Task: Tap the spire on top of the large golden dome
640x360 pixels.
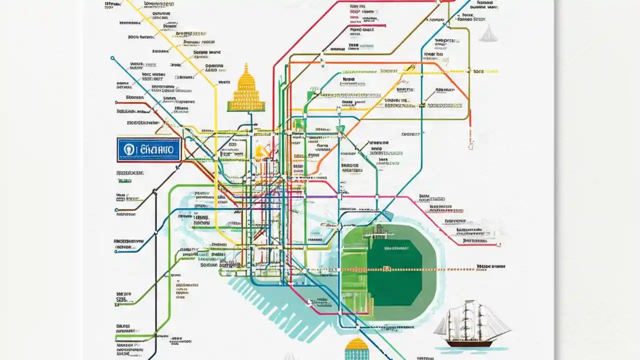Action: (246, 67)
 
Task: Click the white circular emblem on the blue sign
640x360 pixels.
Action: (129, 149)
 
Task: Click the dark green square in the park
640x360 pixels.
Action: (395, 272)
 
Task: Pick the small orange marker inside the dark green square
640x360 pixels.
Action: (386, 269)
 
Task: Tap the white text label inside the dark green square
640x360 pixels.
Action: (395, 248)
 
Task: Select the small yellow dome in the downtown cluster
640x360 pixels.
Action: (260, 151)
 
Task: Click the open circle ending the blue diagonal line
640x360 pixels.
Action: (112, 58)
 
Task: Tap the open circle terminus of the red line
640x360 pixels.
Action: (470, 145)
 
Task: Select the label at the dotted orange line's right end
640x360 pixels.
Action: (490, 267)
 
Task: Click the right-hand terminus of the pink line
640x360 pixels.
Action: (498, 245)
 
